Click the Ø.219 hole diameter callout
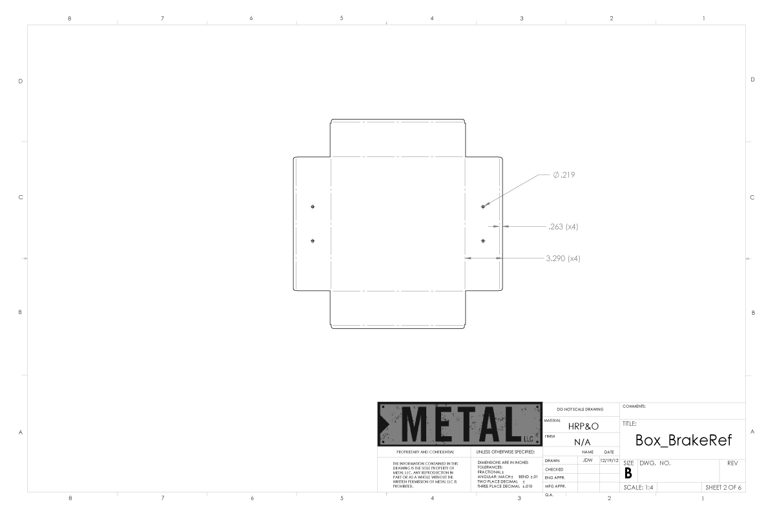click(x=564, y=175)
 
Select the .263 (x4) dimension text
click(x=563, y=227)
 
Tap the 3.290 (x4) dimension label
click(x=563, y=258)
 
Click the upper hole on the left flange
click(x=313, y=207)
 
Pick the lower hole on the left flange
click(x=313, y=240)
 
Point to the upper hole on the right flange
click(x=483, y=207)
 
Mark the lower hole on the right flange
click(x=483, y=240)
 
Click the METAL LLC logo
click(x=460, y=424)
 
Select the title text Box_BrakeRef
click(x=683, y=441)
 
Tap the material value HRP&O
click(x=583, y=427)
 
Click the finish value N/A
click(x=583, y=442)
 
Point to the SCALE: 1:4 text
click(x=638, y=487)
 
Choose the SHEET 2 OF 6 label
click(x=723, y=487)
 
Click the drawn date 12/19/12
click(x=609, y=461)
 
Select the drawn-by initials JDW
click(x=588, y=460)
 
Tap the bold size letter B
click(x=628, y=473)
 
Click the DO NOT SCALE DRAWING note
click(x=580, y=409)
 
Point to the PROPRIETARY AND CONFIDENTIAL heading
click(x=425, y=452)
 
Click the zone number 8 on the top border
click(x=70, y=18)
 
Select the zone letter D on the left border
click(x=21, y=81)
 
